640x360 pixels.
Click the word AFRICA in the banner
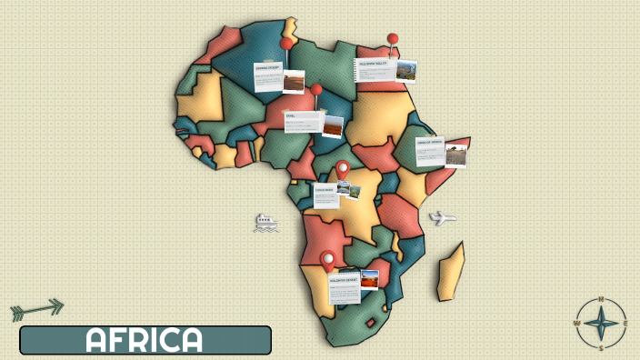(145, 340)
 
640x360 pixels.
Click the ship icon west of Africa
(265, 223)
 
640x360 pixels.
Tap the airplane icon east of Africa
(442, 218)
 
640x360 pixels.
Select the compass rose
(601, 323)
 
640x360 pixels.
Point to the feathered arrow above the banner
(37, 309)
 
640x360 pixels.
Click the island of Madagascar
(451, 272)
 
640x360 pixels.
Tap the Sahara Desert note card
(267, 77)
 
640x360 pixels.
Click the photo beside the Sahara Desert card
(294, 83)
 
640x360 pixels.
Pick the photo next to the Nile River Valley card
(406, 71)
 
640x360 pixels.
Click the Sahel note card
(303, 121)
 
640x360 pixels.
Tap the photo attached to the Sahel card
(334, 126)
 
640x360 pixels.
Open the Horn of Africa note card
(430, 151)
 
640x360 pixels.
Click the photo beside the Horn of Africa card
(456, 155)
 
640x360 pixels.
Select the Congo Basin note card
(325, 195)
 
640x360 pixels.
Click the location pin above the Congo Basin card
(343, 169)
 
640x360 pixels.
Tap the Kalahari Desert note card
(344, 286)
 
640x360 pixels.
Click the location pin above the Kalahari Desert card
(327, 260)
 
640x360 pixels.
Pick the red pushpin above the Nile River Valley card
(393, 40)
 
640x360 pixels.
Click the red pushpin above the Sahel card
(316, 90)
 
